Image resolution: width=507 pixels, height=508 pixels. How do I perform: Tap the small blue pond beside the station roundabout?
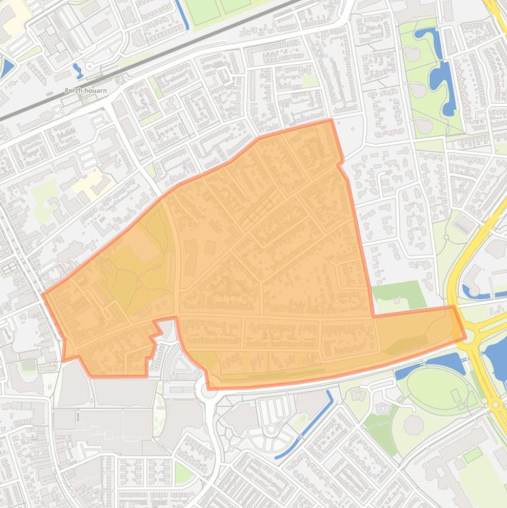(78, 69)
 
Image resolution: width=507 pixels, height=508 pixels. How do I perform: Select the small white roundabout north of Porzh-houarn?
(90, 67)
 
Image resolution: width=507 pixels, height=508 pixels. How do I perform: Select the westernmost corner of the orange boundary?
(44, 295)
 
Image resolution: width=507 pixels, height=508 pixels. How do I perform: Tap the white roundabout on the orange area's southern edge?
(209, 388)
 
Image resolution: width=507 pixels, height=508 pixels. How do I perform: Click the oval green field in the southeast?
(435, 388)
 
